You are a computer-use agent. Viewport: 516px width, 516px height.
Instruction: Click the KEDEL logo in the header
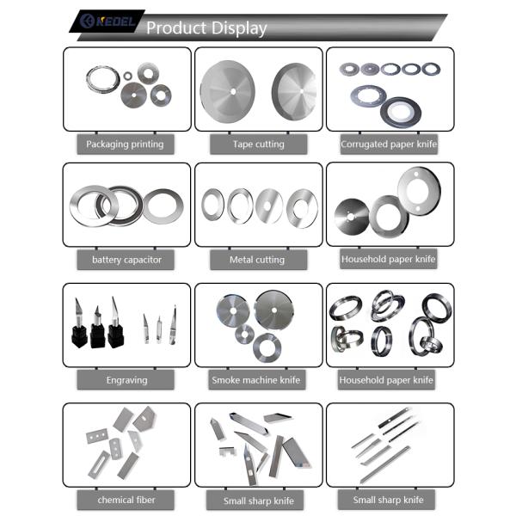[107, 21]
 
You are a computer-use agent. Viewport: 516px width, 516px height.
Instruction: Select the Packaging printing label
[125, 144]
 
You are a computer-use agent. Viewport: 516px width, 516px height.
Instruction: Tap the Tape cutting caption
[259, 144]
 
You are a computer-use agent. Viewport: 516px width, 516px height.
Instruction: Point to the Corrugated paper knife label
[389, 144]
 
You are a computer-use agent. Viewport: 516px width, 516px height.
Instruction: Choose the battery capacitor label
[126, 260]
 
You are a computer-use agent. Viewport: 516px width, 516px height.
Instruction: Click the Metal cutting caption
[257, 260]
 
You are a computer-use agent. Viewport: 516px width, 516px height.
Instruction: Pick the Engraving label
[126, 380]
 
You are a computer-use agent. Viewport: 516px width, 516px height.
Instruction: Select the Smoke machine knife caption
[256, 380]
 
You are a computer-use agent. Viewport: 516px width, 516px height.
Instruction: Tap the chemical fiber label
[126, 500]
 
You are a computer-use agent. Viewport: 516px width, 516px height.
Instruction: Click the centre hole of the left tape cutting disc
[233, 91]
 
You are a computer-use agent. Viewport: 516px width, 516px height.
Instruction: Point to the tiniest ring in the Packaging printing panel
[127, 76]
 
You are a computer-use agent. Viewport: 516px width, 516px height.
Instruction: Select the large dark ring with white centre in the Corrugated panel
[401, 112]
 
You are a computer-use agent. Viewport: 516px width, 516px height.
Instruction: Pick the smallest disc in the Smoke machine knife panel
[244, 335]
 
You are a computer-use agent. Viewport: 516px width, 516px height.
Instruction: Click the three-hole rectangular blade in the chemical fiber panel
[96, 436]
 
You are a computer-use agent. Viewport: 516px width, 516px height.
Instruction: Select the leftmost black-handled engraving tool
[79, 324]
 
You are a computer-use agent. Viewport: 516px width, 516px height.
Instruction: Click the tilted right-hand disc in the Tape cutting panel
[294, 91]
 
